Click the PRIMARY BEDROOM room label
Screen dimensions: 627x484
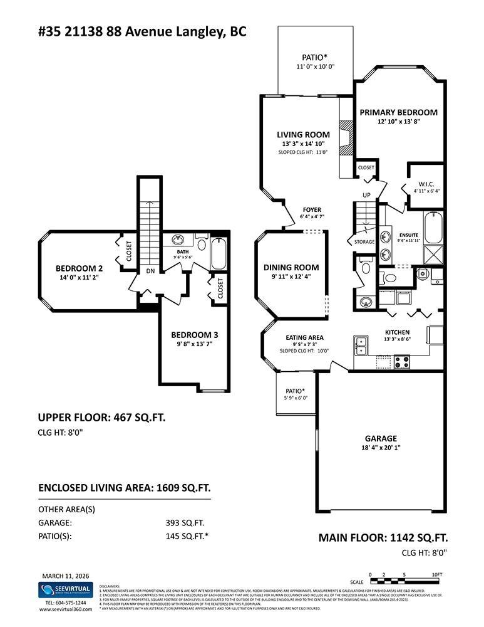[398, 112]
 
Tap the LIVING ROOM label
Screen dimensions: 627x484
[303, 135]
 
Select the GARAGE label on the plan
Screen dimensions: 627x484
[381, 438]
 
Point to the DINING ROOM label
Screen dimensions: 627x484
[291, 267]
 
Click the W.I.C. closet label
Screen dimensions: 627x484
[426, 184]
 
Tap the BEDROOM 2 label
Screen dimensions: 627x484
[79, 268]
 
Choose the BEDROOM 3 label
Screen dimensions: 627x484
[194, 335]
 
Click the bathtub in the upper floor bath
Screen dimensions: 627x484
[219, 253]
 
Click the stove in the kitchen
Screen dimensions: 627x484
[401, 361]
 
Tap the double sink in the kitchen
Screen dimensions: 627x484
[361, 344]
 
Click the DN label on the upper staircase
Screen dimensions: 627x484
[150, 271]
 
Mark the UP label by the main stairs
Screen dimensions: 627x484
[367, 195]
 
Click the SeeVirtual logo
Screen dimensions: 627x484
[65, 590]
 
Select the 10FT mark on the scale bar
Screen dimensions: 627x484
[437, 574]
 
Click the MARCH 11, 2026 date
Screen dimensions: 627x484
[65, 575]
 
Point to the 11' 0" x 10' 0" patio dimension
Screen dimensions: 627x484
[316, 67]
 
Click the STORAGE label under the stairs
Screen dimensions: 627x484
[364, 241]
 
